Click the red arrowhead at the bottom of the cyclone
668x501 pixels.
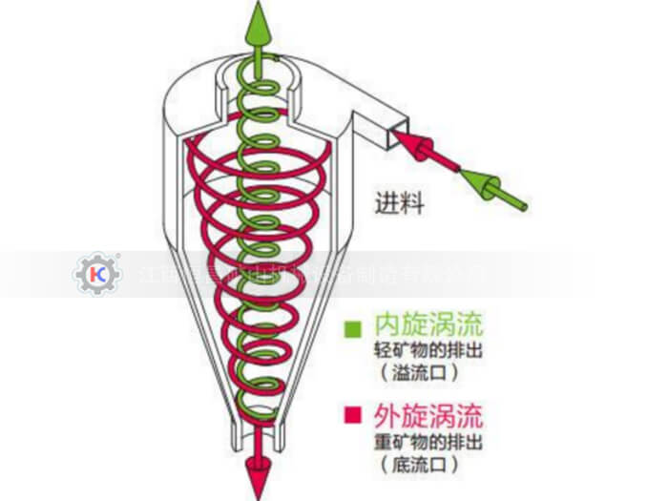(x=256, y=477)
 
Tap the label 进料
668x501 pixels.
(x=399, y=202)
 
